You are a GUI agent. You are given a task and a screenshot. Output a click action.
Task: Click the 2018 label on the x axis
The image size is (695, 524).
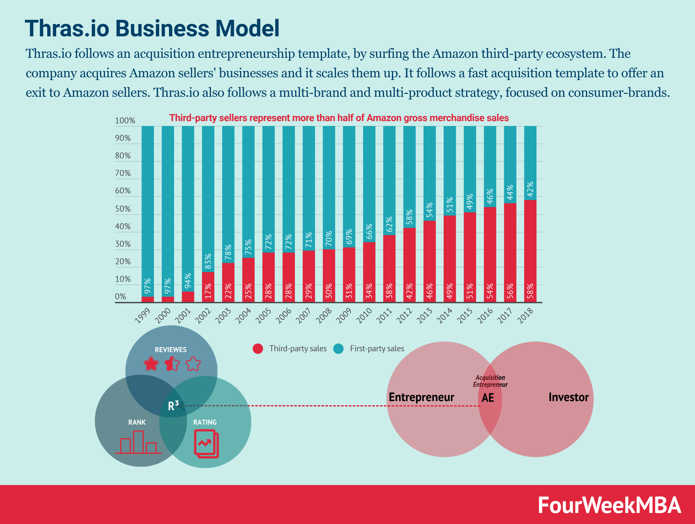pyautogui.click(x=525, y=315)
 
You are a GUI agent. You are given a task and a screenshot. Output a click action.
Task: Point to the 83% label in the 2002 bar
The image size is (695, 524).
pyautogui.click(x=208, y=261)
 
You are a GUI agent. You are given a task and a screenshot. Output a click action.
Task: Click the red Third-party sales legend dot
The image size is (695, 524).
pyautogui.click(x=258, y=348)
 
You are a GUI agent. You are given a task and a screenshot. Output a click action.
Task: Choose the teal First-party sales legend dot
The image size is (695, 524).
pyautogui.click(x=338, y=348)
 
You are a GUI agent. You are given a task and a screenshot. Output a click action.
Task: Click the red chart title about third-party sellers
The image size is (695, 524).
pyautogui.click(x=339, y=118)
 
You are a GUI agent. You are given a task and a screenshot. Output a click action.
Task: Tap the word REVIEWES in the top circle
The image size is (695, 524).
pyautogui.click(x=170, y=350)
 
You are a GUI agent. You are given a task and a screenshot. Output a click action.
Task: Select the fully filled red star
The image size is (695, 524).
pyautogui.click(x=151, y=364)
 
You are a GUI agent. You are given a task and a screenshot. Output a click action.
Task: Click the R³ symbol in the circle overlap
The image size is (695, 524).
pyautogui.click(x=173, y=406)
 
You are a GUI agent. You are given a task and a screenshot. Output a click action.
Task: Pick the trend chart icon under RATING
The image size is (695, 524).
pyautogui.click(x=206, y=444)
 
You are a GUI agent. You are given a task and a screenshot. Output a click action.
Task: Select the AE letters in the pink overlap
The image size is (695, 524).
pyautogui.click(x=488, y=398)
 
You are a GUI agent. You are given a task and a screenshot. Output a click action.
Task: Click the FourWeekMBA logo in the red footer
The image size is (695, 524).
pyautogui.click(x=609, y=505)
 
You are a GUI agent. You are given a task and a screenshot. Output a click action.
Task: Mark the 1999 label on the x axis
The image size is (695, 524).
pyautogui.click(x=143, y=315)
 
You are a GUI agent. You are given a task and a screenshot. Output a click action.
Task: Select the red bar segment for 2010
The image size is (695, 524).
pyautogui.click(x=369, y=272)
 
